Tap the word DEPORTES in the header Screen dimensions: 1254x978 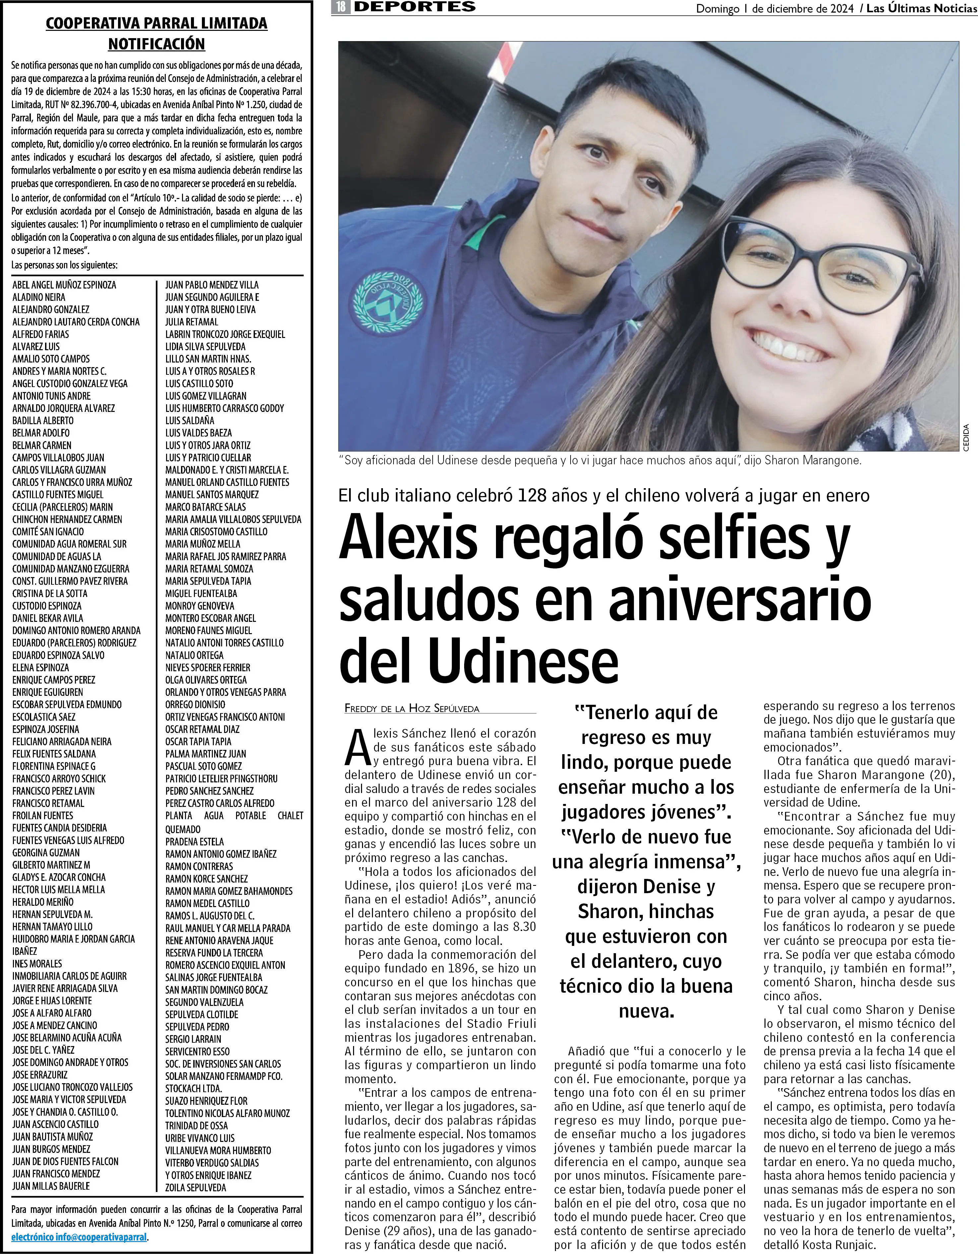414,7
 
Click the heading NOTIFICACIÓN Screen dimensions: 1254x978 156,44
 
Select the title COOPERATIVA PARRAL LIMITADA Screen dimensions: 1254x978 156,24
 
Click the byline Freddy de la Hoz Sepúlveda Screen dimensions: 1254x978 411,708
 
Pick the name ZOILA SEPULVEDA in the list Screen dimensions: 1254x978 196,1187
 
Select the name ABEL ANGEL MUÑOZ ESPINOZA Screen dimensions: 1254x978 64,285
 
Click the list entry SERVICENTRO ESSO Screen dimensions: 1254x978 198,1051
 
